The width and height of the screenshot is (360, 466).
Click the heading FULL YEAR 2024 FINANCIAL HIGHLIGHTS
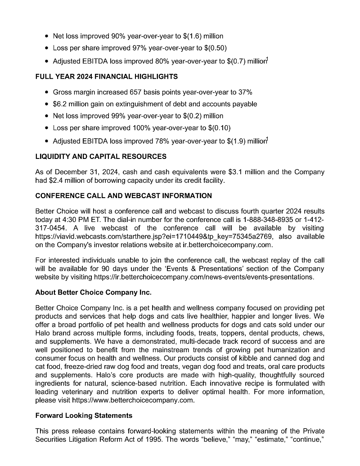[106, 77]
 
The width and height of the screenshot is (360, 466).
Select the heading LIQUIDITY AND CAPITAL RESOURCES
[101, 157]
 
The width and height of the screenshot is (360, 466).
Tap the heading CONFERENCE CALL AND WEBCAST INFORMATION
[123, 196]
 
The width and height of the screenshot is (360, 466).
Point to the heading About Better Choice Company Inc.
[93, 292]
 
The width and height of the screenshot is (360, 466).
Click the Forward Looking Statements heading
[84, 415]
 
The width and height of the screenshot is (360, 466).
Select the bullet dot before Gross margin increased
[47, 92]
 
